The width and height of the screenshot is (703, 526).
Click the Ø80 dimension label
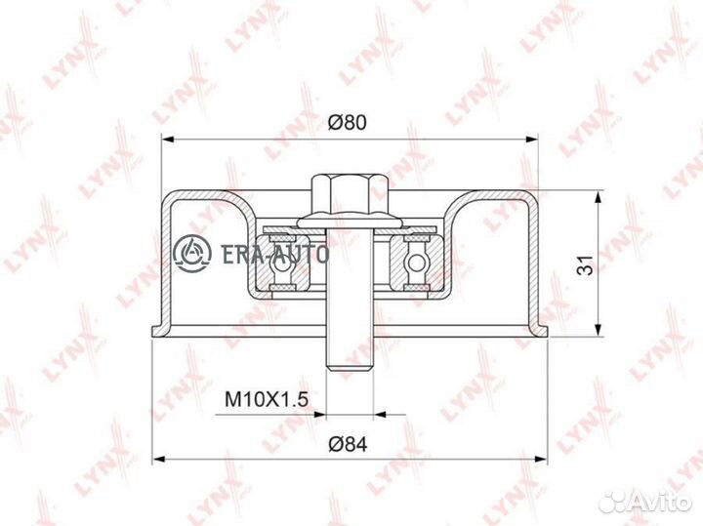pos(350,123)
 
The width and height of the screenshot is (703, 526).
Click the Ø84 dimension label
pos(350,444)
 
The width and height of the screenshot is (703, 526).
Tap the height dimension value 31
pos(583,263)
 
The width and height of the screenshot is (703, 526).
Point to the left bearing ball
pos(281,262)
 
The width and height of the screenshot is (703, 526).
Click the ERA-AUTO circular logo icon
pos(192,253)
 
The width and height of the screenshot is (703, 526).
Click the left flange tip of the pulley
pos(151,331)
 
